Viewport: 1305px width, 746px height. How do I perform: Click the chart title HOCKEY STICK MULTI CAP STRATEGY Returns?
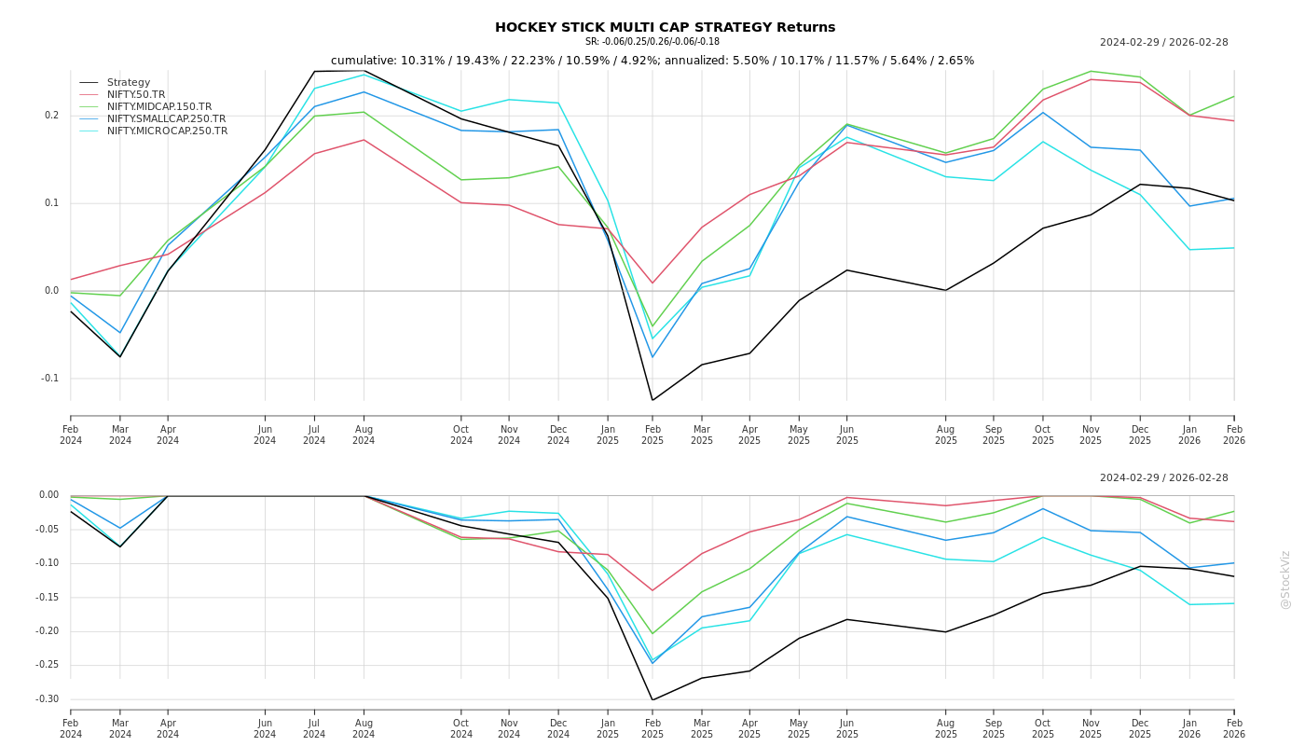coord(665,27)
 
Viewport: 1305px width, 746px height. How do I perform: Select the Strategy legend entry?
coord(129,83)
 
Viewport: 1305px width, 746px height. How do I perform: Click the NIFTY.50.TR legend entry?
coord(136,95)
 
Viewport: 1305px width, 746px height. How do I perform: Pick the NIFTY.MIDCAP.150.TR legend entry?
coord(159,107)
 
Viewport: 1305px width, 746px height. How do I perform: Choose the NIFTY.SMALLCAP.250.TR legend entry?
coord(166,119)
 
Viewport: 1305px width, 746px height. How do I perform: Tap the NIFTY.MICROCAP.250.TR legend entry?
coord(167,131)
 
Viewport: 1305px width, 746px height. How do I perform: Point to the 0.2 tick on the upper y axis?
coord(50,116)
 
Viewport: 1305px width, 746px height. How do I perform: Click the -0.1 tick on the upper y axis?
coord(48,379)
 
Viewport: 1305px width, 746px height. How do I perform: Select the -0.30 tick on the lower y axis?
coord(47,699)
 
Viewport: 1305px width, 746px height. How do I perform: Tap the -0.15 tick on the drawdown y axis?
coord(47,598)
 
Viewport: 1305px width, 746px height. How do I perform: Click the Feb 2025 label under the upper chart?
coord(652,435)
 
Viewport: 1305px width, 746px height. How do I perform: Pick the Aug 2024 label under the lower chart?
coord(364,728)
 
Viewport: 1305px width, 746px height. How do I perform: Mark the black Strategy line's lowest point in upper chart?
coord(652,400)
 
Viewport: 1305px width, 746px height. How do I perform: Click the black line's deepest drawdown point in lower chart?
coord(652,699)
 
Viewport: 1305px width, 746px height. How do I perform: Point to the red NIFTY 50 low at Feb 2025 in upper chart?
coord(652,283)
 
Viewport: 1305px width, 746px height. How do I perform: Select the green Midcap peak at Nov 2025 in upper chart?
coord(1091,71)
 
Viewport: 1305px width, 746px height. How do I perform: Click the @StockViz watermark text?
coord(1285,579)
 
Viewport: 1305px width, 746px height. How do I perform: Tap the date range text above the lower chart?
coord(1163,478)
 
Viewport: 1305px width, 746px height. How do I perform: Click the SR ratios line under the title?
coord(652,42)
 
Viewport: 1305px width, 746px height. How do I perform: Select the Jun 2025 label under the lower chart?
coord(846,728)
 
